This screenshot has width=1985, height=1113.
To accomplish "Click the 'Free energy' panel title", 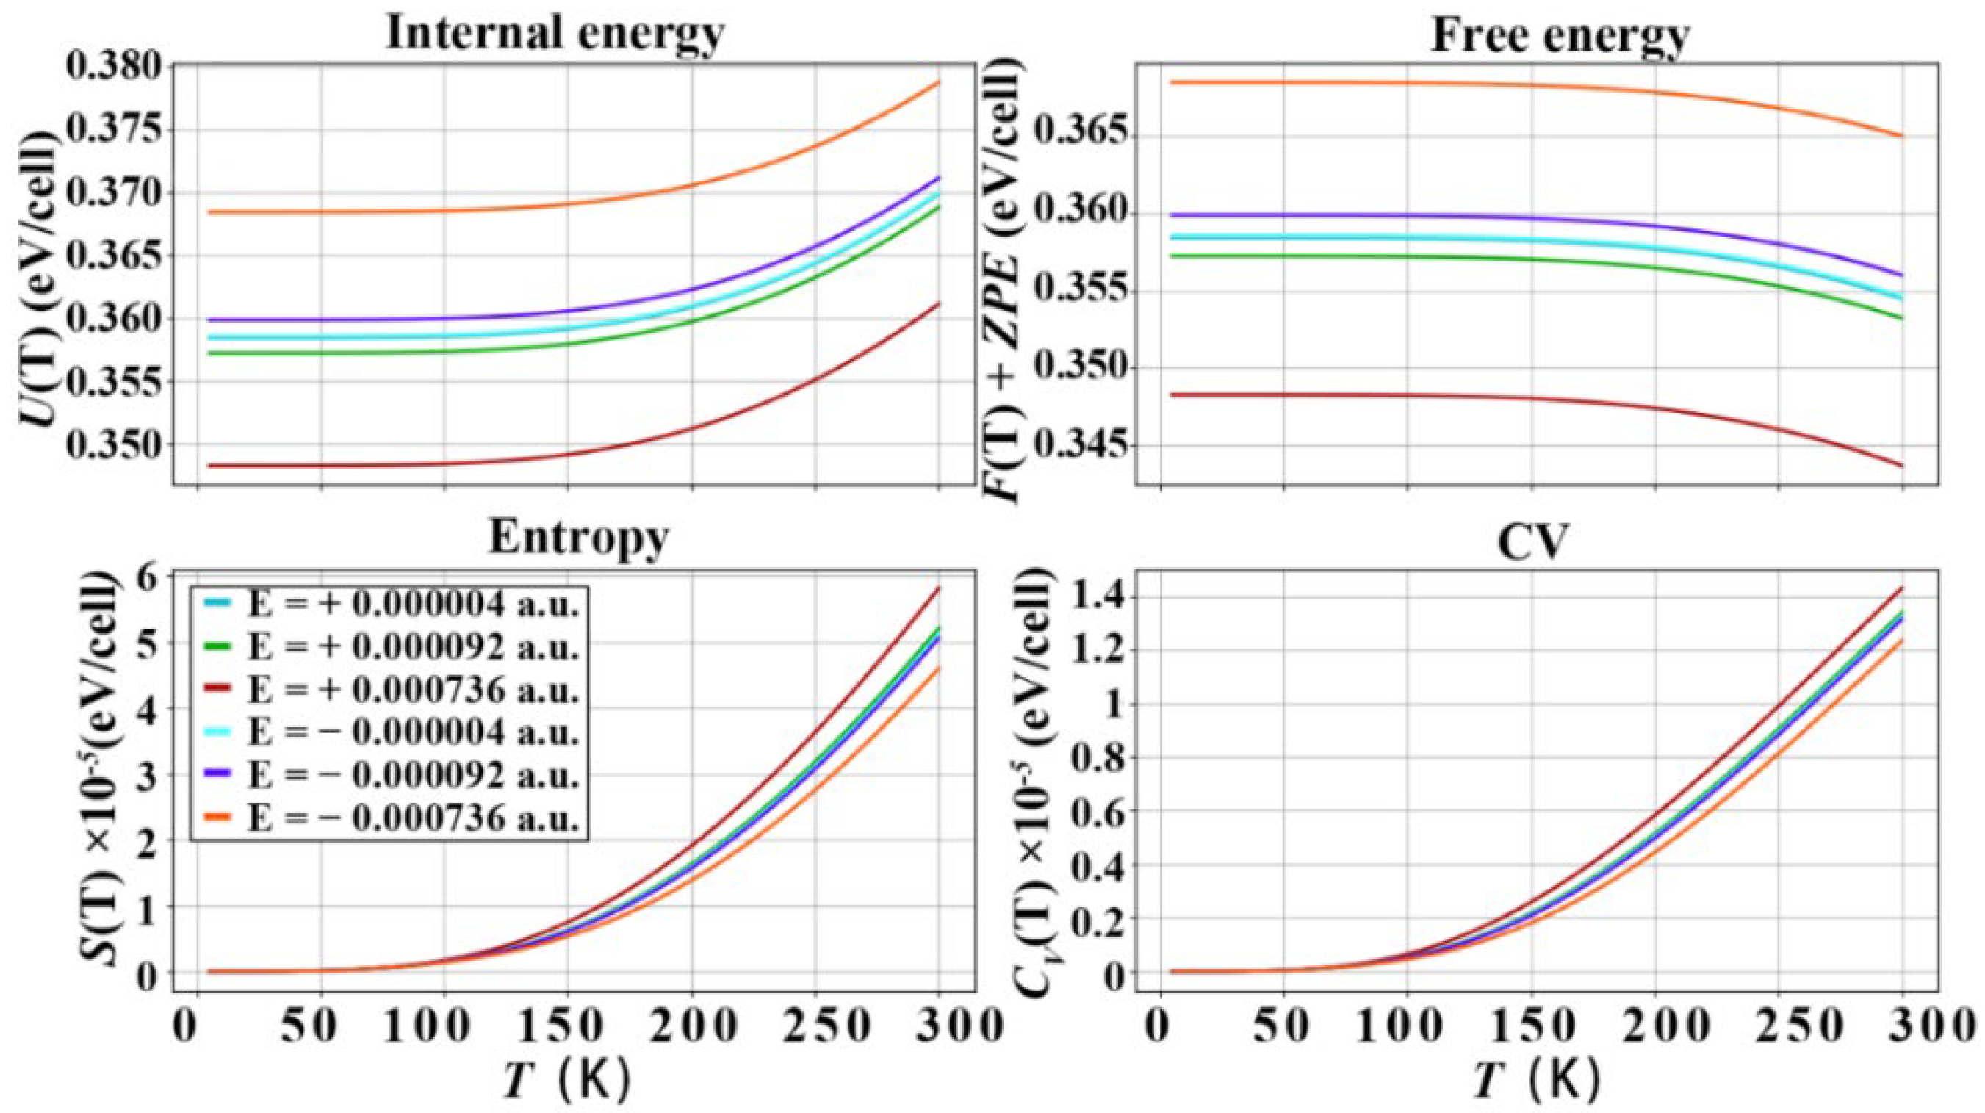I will pyautogui.click(x=1560, y=34).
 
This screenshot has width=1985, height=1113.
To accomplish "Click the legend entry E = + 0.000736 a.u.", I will pyautogui.click(x=412, y=691).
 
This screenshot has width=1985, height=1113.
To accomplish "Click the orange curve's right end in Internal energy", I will pyautogui.click(x=938, y=82).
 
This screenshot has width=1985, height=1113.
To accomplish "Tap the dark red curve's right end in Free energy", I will pyautogui.click(x=1902, y=465).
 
